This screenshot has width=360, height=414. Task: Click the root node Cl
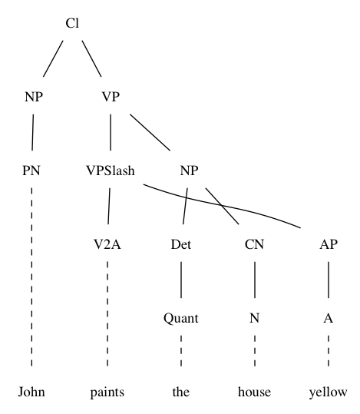[72, 23]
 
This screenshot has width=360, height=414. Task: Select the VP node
[111, 97]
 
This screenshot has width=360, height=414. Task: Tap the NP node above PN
[34, 97]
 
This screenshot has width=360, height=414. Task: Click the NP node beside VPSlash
[189, 171]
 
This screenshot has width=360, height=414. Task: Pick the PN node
[31, 171]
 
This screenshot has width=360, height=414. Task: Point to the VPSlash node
[111, 171]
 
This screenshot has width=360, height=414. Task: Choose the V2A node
[107, 244]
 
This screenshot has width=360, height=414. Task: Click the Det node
[181, 244]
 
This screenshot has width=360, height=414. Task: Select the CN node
[254, 244]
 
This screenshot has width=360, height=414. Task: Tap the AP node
[329, 244]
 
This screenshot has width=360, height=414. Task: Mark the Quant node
[181, 318]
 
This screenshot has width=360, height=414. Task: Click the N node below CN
[254, 318]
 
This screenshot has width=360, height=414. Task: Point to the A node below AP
[329, 318]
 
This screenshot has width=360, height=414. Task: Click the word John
[31, 392]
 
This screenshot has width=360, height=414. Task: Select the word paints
[107, 392]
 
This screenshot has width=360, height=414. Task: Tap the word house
[254, 392]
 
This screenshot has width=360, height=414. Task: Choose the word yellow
[329, 392]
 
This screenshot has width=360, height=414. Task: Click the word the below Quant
[181, 392]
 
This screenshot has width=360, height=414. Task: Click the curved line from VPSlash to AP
[222, 205]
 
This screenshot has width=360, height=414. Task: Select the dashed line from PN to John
[31, 277]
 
